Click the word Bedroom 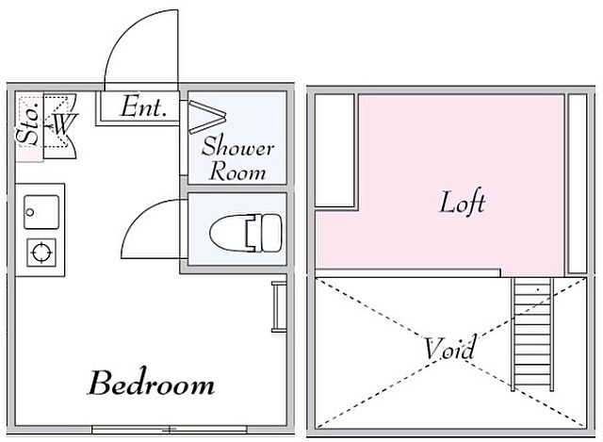click(151, 384)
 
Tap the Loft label click(462, 203)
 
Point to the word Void click(450, 348)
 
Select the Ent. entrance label click(144, 106)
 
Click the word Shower click(238, 146)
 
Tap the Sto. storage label click(29, 123)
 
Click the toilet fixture click(246, 234)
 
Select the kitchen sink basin click(41, 212)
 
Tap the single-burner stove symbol click(41, 253)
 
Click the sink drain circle click(30, 212)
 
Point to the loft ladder click(532, 334)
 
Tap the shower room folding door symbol click(207, 117)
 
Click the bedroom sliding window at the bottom click(170, 430)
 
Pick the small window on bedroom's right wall click(279, 306)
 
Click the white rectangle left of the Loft click(334, 151)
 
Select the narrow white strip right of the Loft click(578, 184)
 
